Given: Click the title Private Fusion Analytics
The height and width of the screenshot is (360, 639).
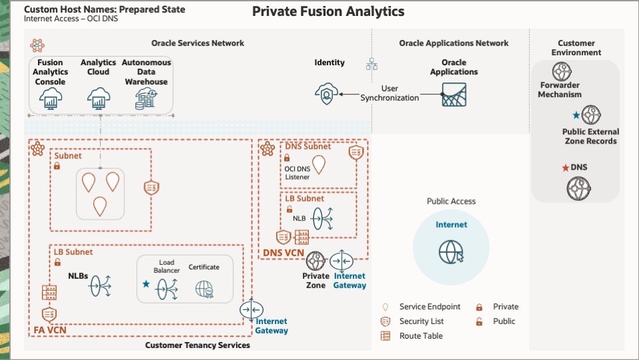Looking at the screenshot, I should tap(328, 12).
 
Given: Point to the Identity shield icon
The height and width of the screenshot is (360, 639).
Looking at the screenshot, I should tap(326, 94).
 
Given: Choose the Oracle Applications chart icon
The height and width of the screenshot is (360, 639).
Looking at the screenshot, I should tap(454, 94).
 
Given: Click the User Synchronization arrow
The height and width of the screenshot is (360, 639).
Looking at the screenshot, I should tap(349, 94).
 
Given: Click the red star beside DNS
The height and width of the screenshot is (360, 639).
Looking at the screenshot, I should tap(564, 168).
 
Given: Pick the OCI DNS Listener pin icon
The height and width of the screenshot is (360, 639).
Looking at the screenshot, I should tap(320, 164).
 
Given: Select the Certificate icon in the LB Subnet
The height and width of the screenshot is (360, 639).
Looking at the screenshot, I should tap(204, 288).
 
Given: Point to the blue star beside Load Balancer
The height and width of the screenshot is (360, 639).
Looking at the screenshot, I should tap(146, 284).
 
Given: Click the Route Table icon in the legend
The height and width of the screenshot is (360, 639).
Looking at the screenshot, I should tap(385, 336).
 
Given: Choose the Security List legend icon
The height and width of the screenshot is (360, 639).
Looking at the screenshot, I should tap(385, 321).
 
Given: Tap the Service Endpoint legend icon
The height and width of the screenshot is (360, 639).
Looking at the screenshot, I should tap(385, 307).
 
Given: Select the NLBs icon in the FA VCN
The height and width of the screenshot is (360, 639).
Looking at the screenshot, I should tap(101, 285).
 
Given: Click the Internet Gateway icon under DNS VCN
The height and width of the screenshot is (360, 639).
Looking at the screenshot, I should tap(341, 260).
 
